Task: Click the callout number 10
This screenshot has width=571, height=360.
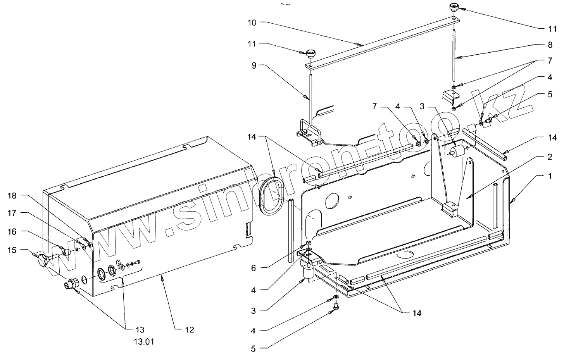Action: point(252,22)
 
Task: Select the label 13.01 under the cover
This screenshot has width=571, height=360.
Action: point(140,342)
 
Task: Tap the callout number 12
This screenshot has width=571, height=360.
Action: point(190,330)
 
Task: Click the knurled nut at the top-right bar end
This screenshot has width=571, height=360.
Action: point(453,7)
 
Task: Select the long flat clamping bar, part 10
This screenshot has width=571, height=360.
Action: point(382,43)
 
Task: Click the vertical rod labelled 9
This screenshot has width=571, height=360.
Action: point(310,97)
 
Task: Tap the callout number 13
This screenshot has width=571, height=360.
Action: point(140,330)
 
